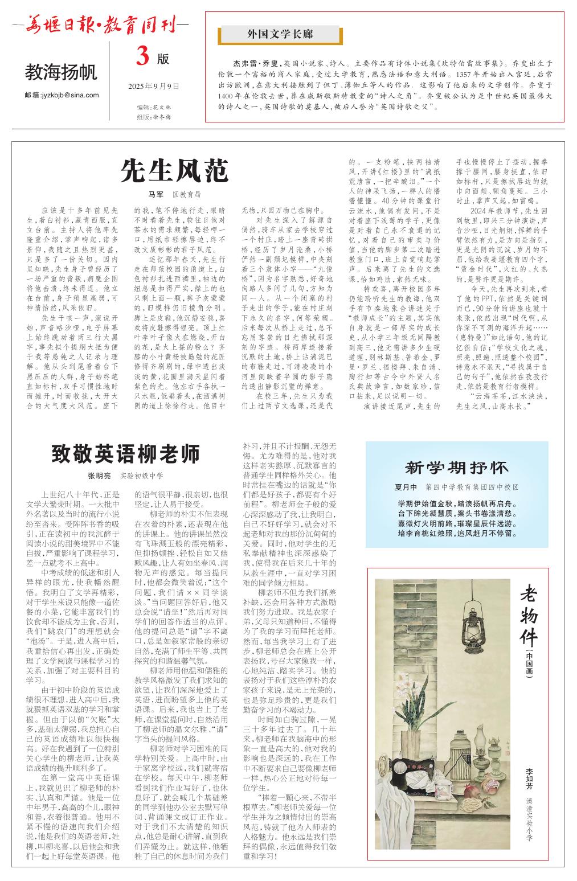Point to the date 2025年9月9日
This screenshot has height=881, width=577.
(x=154, y=87)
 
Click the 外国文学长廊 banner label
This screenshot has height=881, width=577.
(x=280, y=35)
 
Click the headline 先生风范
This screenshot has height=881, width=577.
(x=174, y=170)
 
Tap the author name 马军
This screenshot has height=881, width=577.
(x=155, y=194)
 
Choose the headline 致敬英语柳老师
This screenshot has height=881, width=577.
(x=126, y=454)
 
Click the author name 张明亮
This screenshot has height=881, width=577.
(x=99, y=476)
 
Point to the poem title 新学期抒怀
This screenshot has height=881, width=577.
(x=456, y=468)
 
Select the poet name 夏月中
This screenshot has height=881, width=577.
(x=406, y=487)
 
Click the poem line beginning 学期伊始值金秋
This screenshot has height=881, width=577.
(x=457, y=503)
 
